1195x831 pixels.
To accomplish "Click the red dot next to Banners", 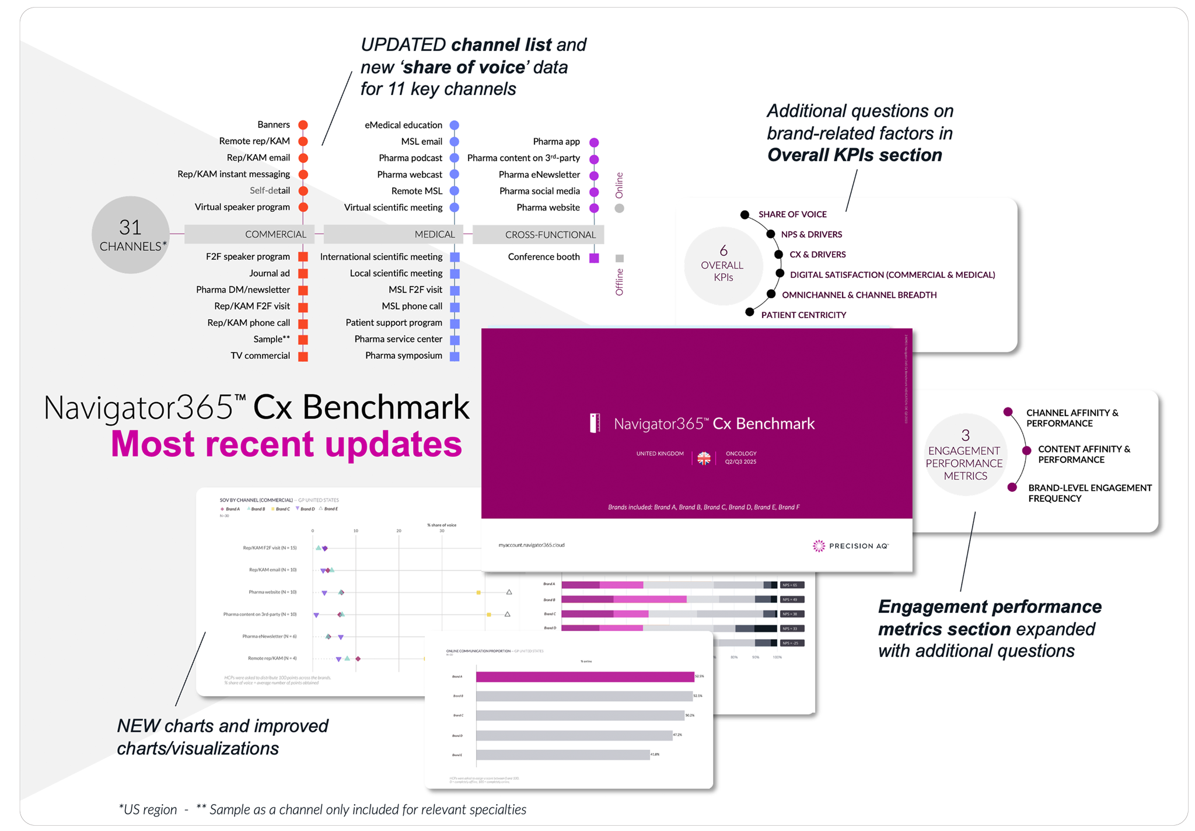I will click(x=303, y=125).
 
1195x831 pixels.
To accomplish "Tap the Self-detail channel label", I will click(x=270, y=190).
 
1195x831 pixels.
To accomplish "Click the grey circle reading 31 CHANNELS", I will click(x=131, y=235).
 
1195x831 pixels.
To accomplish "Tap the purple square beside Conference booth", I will click(x=594, y=258).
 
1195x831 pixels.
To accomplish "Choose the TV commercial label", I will click(x=260, y=355).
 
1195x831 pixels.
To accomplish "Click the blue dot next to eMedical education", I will click(x=455, y=125).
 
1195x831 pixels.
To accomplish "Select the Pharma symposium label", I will click(x=404, y=355).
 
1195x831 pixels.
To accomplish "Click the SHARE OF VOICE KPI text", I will click(x=792, y=214).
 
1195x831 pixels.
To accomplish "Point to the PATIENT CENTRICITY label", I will click(x=803, y=315).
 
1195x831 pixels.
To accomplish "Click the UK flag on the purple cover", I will click(x=704, y=458).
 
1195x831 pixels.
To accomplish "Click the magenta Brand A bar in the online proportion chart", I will click(x=585, y=677).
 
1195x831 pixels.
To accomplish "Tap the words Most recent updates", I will click(x=286, y=444).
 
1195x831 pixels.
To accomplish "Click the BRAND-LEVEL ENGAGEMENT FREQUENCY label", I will click(x=1089, y=493).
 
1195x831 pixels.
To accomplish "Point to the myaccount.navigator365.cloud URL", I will click(x=532, y=545).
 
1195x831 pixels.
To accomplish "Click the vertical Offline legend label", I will click(x=620, y=282).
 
